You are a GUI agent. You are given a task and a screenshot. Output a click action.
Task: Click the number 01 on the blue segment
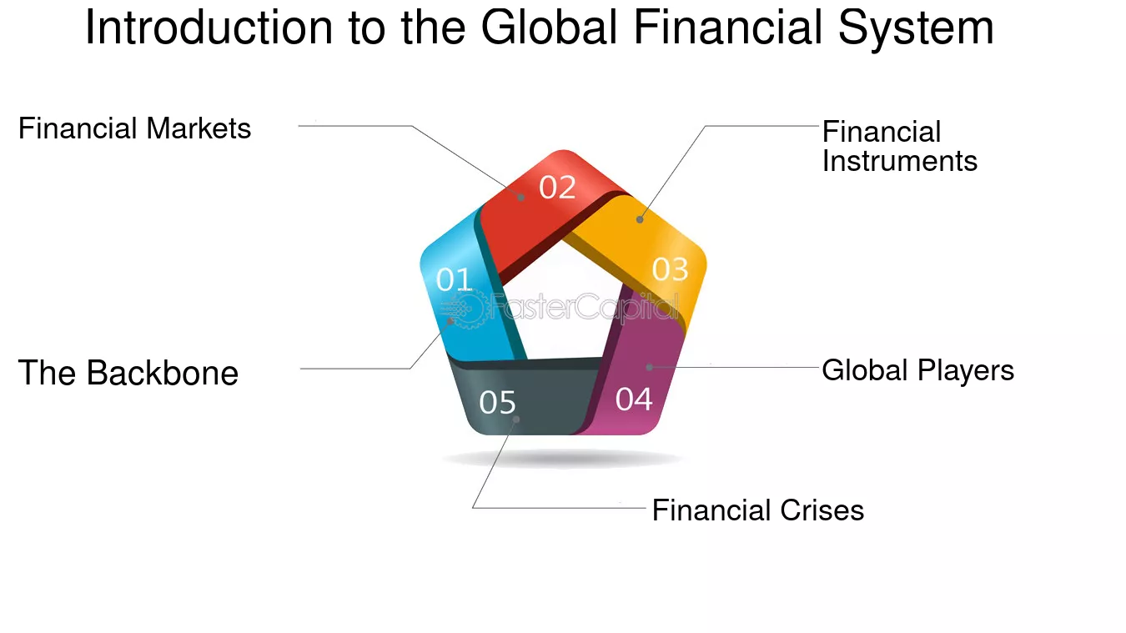coord(454,279)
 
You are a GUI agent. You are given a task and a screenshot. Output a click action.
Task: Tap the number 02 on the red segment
coord(557,188)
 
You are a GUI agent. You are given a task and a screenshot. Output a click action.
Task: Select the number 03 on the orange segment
coord(670,269)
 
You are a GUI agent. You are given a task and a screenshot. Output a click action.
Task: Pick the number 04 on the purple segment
coord(634,399)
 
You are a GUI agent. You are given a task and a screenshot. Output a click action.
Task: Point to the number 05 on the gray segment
coord(497,402)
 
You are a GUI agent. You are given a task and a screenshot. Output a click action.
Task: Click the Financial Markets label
coord(135,128)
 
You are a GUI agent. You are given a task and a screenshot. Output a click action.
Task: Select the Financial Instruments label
coord(900,146)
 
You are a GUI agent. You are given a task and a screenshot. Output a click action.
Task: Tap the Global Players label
coord(917,370)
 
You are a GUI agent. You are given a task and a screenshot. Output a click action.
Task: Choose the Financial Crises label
coord(758,510)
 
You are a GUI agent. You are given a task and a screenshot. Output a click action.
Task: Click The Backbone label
coord(128,373)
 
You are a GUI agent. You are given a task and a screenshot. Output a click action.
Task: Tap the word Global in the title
coord(549,28)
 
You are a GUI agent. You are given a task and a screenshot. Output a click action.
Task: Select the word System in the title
coord(916,28)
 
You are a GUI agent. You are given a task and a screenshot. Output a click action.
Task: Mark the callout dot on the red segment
coord(521,198)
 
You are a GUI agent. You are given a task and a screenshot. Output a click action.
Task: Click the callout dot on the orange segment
coord(640,219)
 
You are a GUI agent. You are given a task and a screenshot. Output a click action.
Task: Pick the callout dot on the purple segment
coord(650,368)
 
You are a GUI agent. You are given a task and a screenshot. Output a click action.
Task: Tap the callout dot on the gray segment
coord(515,419)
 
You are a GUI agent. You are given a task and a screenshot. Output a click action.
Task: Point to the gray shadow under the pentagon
coord(562,459)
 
